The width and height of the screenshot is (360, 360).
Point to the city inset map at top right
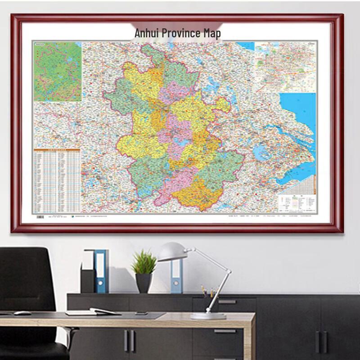tap(286, 67)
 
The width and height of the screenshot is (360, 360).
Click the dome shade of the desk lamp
tap(172, 252)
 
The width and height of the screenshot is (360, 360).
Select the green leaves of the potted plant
tap(144, 262)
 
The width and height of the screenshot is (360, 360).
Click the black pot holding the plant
tap(144, 283)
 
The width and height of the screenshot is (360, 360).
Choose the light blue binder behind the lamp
tap(176, 275)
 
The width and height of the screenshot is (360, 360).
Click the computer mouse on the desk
tap(22, 313)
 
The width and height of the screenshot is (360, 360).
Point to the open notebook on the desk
tap(93, 311)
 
